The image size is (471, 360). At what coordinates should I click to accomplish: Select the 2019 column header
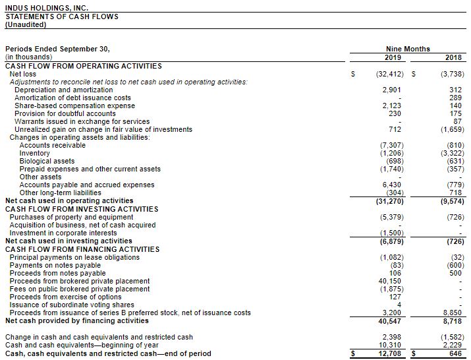392,57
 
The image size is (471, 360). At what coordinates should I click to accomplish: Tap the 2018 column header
453,57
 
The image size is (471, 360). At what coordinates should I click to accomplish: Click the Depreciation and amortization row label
54,90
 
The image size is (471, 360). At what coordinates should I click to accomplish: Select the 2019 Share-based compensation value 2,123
391,105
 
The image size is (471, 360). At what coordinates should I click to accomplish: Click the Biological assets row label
47,161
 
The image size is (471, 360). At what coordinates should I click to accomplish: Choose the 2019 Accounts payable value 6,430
392,185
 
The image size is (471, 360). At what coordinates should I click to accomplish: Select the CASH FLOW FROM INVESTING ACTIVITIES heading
82,209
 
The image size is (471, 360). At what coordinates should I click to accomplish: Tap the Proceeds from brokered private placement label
79,281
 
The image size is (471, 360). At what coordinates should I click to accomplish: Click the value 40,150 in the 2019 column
391,281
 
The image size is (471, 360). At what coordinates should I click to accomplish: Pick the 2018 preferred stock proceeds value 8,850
453,313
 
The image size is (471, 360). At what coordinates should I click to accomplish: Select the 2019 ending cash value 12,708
391,353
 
